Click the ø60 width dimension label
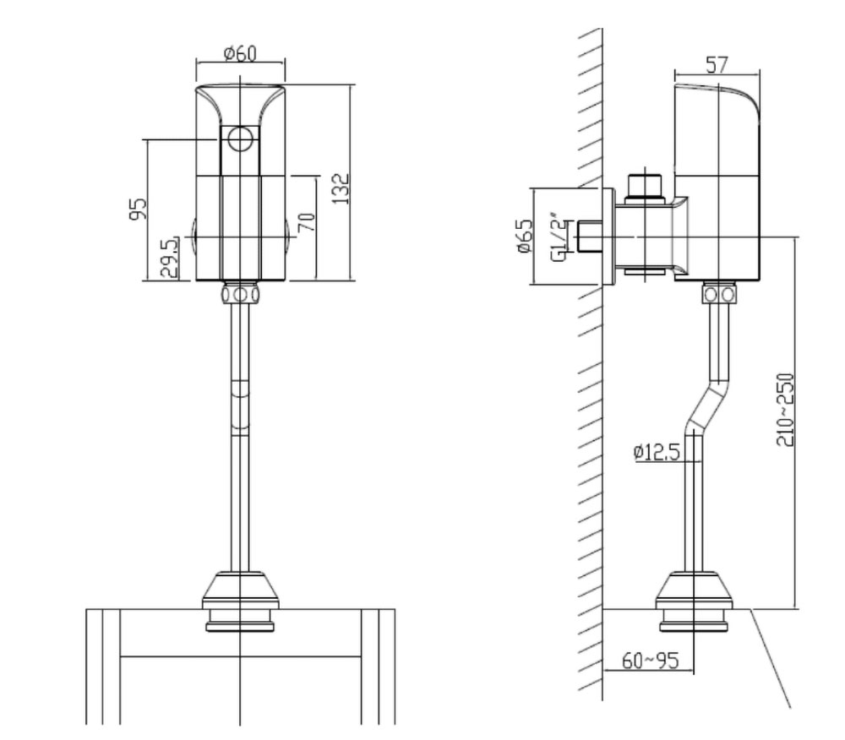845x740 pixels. click(x=241, y=54)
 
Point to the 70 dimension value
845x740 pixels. click(x=307, y=225)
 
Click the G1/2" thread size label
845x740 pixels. click(x=557, y=237)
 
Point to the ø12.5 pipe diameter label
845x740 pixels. click(x=657, y=453)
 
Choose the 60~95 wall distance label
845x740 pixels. click(x=651, y=661)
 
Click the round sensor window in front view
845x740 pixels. click(x=241, y=138)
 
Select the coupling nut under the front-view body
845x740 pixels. click(x=241, y=294)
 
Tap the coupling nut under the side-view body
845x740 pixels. click(x=719, y=294)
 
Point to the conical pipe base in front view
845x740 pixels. click(x=241, y=591)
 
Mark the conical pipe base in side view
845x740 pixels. click(x=694, y=591)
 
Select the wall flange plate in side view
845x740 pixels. click(x=608, y=237)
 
